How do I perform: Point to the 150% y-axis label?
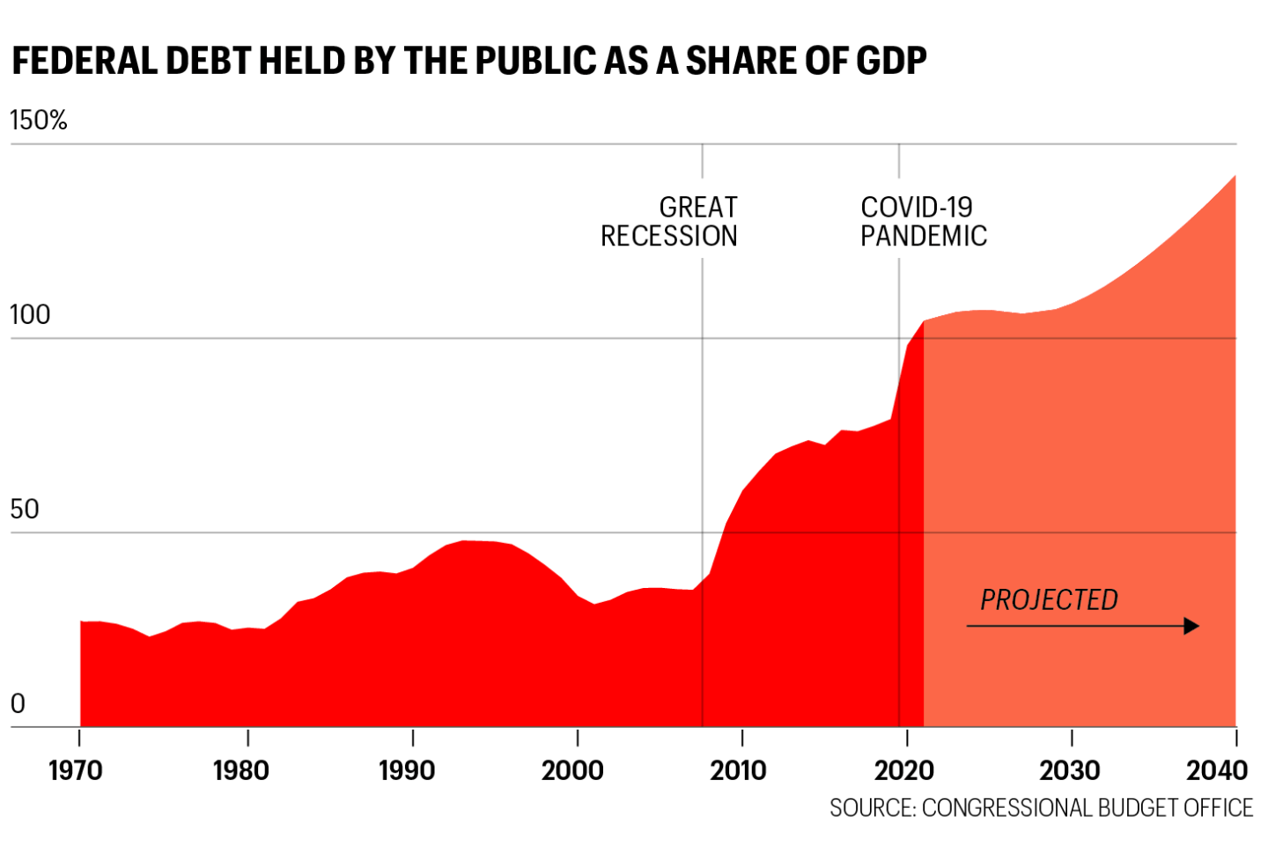[x=39, y=121]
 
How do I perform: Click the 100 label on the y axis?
[x=30, y=315]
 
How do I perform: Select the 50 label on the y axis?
[x=25, y=510]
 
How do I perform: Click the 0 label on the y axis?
[x=18, y=704]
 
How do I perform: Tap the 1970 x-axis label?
[x=76, y=771]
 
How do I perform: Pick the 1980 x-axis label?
[x=241, y=771]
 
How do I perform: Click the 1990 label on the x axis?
[x=407, y=771]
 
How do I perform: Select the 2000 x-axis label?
[x=572, y=771]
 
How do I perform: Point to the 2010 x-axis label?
[x=738, y=771]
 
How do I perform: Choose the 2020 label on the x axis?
[x=903, y=771]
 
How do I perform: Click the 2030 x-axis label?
[x=1069, y=771]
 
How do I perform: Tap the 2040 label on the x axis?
[x=1217, y=771]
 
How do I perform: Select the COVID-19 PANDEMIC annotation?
[x=923, y=222]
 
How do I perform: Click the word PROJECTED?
[x=1049, y=600]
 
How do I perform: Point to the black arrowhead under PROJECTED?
[x=1191, y=626]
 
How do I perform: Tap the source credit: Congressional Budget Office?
[x=1041, y=808]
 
